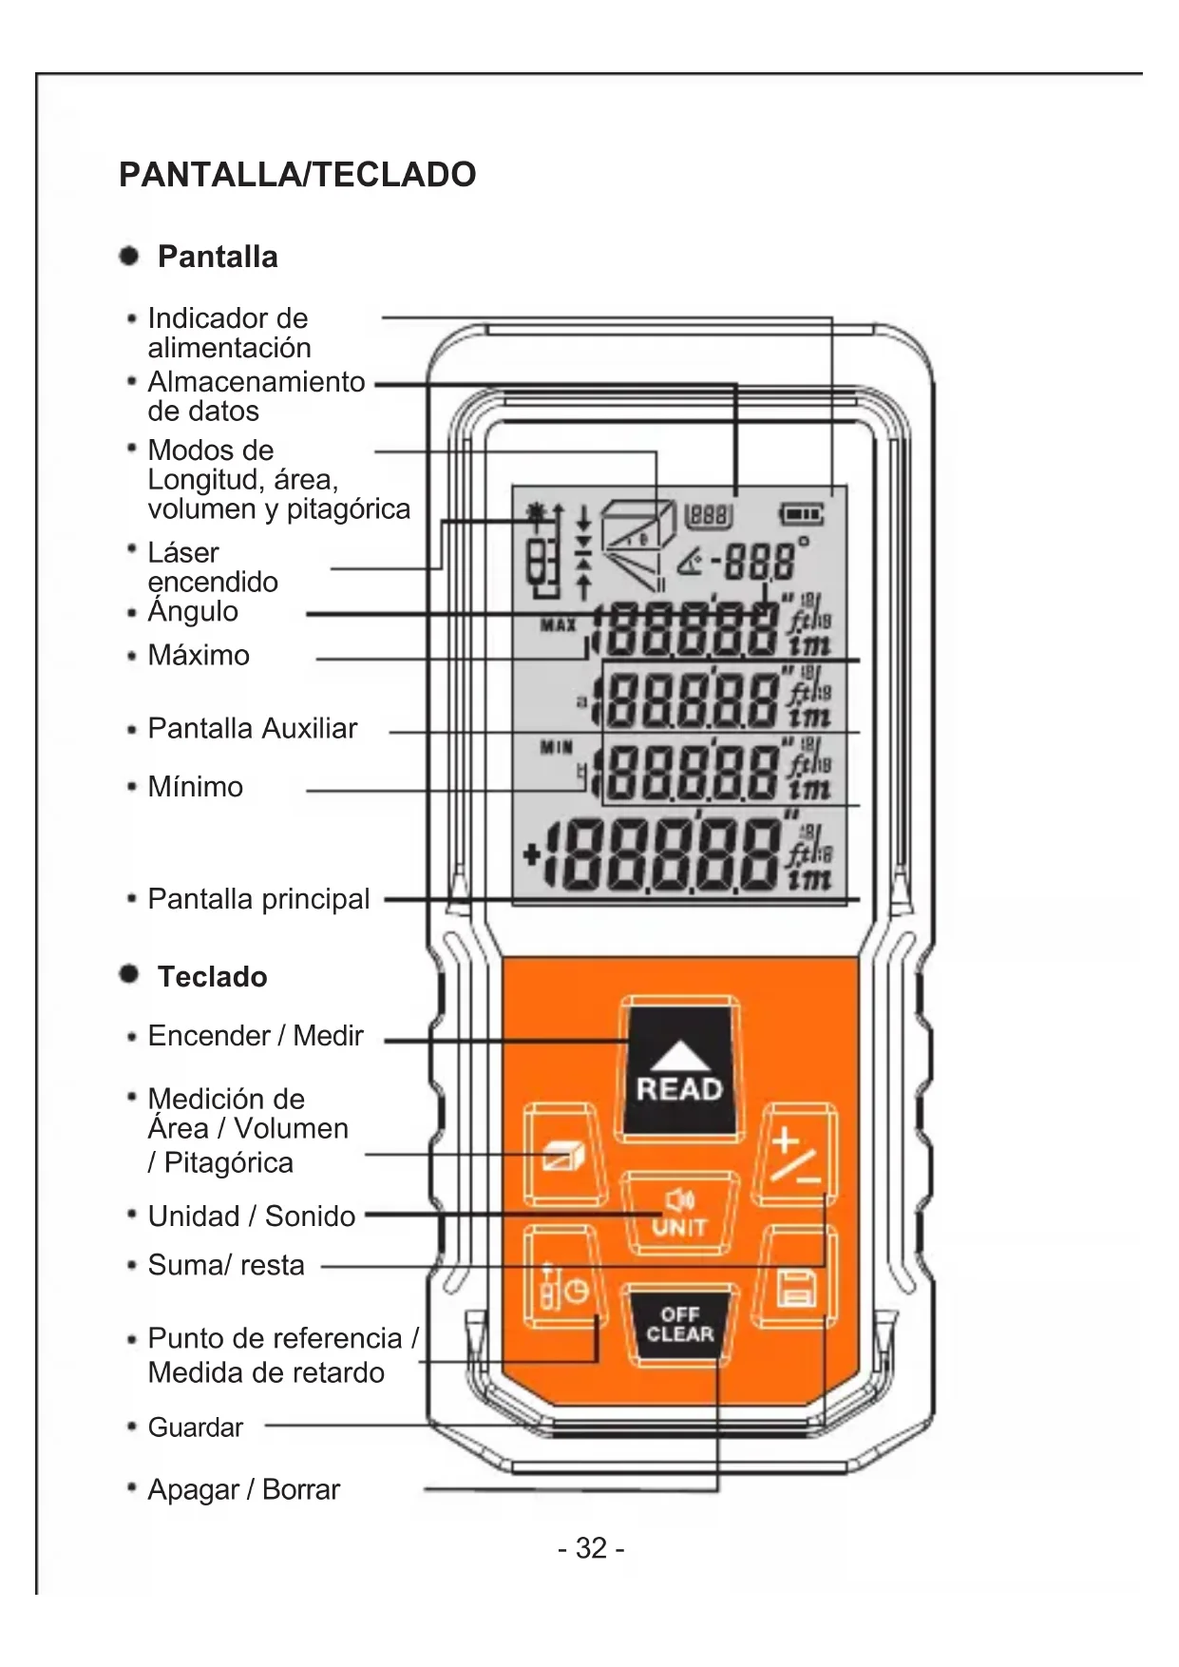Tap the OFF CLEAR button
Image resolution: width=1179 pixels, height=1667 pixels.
679,1325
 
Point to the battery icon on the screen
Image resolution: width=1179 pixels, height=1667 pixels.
802,515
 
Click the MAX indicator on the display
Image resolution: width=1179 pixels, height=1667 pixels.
558,625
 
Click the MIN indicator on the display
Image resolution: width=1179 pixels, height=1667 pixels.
557,747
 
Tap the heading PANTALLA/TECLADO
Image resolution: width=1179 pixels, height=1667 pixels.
297,175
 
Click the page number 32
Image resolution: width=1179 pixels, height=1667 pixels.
590,1548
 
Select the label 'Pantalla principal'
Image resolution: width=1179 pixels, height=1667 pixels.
258,899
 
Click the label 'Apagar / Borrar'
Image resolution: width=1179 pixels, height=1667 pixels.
243,1489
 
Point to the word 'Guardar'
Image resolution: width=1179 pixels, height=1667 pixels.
195,1427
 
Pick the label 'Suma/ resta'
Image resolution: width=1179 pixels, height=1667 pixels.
226,1265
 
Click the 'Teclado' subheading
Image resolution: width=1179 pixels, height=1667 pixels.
212,977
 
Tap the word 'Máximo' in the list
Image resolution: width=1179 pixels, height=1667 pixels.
199,655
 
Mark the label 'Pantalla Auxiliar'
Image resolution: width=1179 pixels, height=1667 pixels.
252,729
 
